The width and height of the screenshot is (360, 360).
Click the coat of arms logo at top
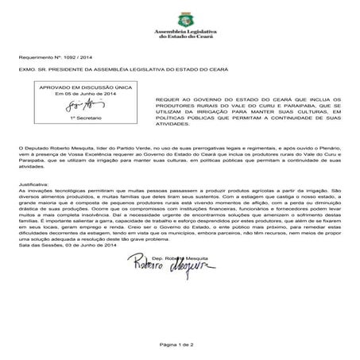click(x=180, y=14)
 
